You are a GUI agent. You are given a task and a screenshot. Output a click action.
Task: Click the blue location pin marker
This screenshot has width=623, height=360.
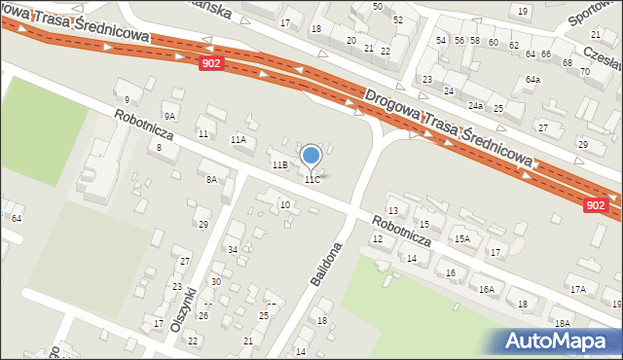point(311,157)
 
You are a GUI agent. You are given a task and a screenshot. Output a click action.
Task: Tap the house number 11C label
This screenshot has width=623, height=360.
point(311,180)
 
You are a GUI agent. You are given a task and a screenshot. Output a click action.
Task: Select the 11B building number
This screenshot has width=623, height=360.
point(279,165)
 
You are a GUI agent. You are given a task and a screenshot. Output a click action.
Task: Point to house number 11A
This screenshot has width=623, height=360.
point(238,140)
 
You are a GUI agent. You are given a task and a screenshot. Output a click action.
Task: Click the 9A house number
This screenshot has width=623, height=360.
point(169,116)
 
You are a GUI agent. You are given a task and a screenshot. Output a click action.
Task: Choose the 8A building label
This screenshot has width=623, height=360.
point(211,180)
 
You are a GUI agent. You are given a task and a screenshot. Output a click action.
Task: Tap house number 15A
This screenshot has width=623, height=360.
point(461,238)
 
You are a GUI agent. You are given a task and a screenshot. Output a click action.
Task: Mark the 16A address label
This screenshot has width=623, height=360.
point(486,289)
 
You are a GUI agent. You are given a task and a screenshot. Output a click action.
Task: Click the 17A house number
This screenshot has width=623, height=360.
point(577,289)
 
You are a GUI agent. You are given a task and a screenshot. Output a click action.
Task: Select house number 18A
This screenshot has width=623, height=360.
point(562,323)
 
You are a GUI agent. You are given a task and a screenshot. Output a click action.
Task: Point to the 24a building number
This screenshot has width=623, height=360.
point(475,105)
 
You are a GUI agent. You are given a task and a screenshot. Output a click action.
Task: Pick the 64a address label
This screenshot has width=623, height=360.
point(532,79)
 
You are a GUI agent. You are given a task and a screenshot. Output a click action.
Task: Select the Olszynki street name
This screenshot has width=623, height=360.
point(183,309)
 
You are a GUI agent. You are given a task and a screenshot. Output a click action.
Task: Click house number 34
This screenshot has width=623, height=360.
point(233,250)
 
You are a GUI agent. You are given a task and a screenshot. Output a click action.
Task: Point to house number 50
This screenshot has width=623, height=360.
point(377,7)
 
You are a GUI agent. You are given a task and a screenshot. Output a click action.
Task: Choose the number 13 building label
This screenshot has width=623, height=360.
point(393,211)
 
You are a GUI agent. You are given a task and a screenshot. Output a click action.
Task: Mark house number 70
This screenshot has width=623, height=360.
point(585,72)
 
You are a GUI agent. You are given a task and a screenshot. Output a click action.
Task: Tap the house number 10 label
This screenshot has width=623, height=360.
point(284,204)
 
